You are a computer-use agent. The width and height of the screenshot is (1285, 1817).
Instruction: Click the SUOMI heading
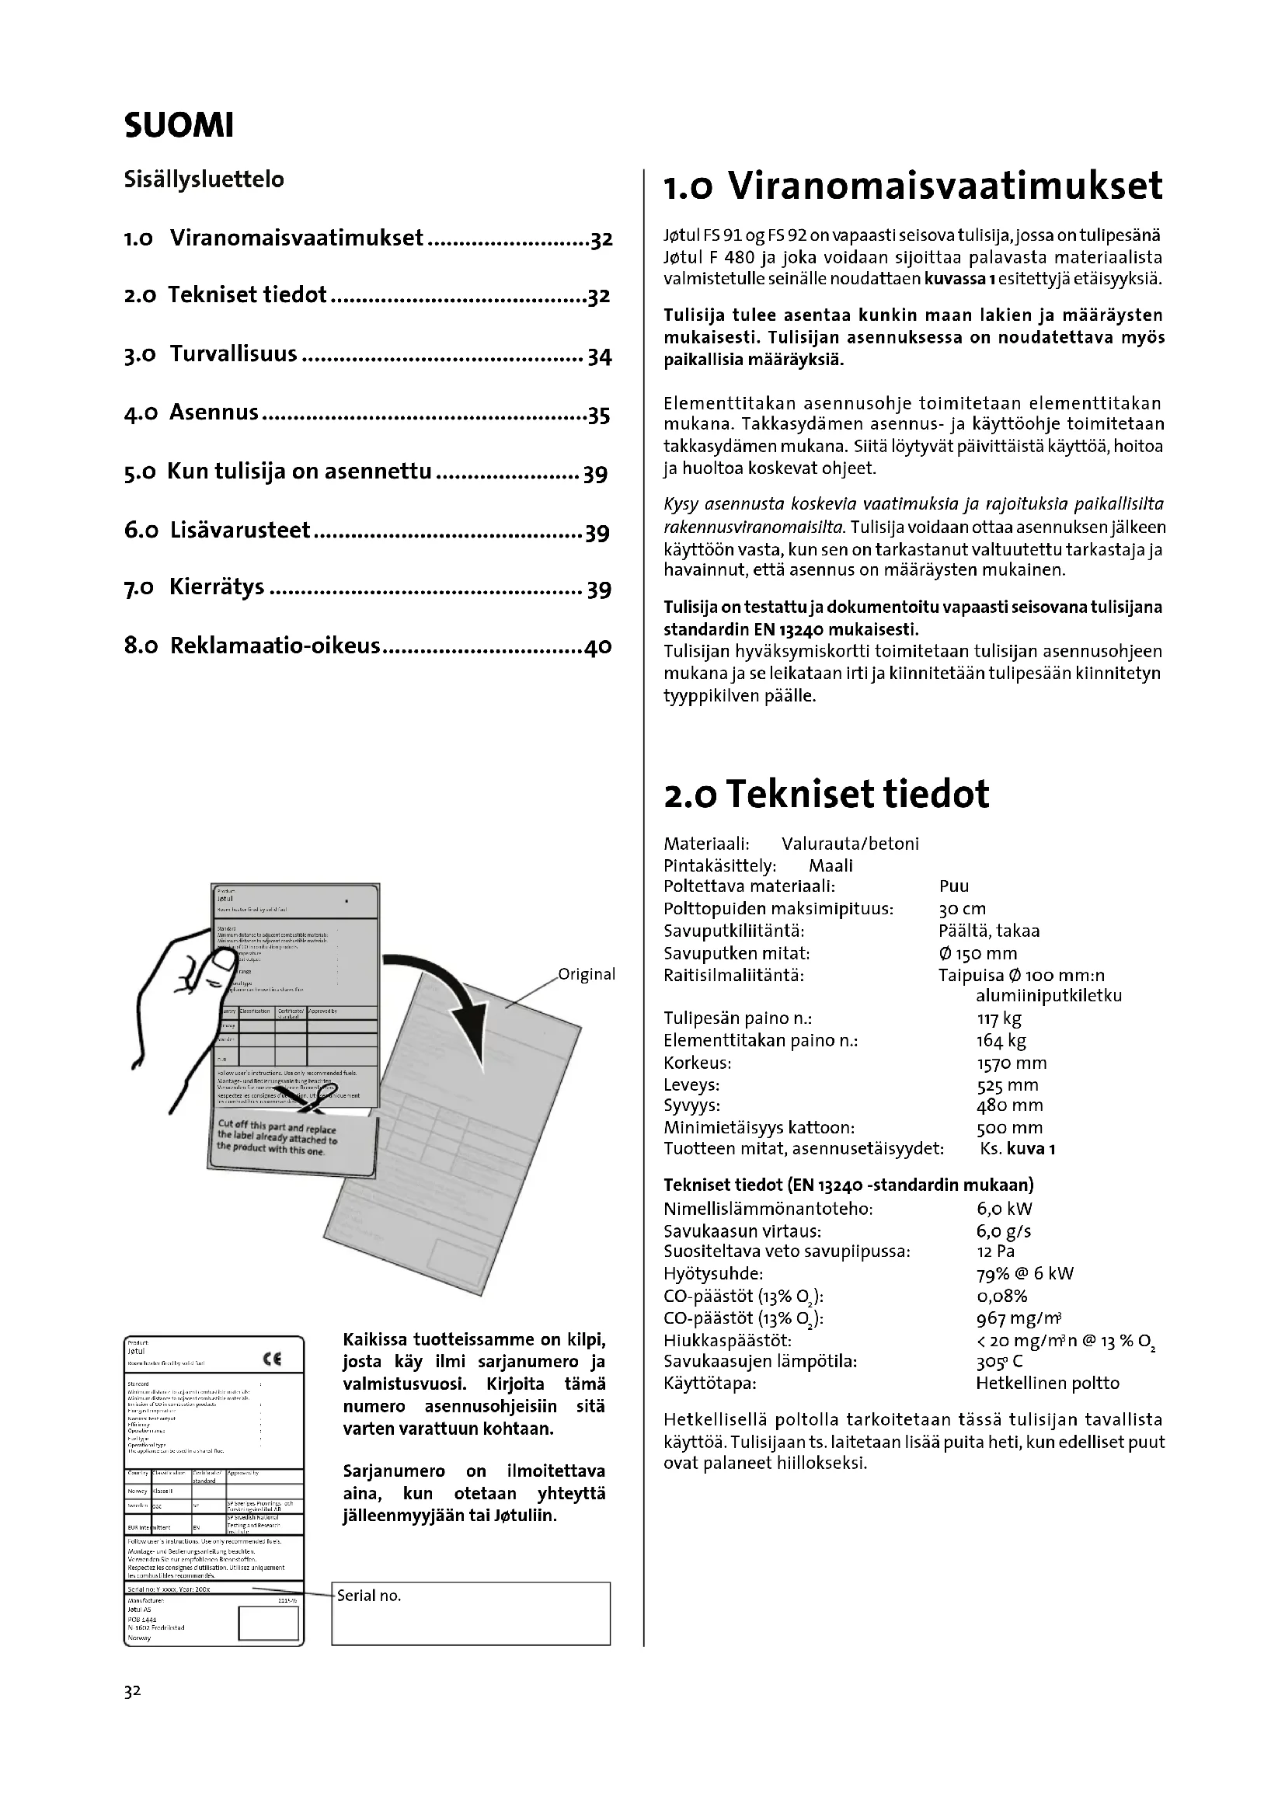pos(179,126)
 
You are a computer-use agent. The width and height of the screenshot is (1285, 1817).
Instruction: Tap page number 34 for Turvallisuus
pos(599,357)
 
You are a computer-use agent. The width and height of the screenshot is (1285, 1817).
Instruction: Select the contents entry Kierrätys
pos(217,587)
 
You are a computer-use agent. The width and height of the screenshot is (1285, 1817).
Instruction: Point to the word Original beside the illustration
pos(587,974)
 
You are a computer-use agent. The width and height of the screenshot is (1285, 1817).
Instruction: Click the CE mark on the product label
pos(271,1360)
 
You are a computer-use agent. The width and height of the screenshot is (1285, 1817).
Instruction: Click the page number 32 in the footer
pos(132,1691)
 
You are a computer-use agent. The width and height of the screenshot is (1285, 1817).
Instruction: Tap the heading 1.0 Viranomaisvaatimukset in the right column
pos(913,186)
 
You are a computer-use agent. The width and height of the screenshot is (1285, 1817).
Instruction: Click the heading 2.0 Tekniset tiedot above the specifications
pos(826,794)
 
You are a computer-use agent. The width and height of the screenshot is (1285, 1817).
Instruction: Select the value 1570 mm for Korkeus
pos(1012,1063)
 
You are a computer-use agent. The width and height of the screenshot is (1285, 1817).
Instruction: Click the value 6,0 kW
pos(1004,1209)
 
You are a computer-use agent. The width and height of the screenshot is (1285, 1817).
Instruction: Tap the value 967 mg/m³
pos(1019,1318)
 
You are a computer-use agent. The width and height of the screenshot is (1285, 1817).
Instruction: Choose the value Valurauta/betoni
pos(850,844)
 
